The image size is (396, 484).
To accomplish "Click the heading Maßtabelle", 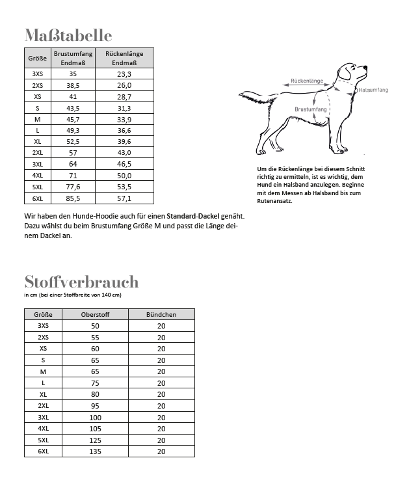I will point(68,35).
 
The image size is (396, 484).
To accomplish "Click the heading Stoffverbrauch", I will point(81,282).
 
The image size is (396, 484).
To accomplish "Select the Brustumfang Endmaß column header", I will point(73,57).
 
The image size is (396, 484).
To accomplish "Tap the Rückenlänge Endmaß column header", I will point(124,57).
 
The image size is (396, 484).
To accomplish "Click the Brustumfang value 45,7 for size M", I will point(73,119).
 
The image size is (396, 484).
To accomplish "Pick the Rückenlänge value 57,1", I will point(124,198).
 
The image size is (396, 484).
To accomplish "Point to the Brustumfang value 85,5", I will point(73,198).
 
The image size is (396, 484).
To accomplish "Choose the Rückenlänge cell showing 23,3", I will point(124,74).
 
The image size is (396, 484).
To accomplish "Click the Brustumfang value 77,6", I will point(73,187).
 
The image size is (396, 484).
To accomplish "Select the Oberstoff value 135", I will point(96,451).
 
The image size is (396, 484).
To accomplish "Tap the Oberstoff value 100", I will point(96,417).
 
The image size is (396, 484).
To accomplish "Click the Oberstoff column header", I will point(96,314).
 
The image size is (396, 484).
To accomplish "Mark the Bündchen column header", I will point(161,314).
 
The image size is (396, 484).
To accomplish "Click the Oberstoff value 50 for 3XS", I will point(96,326).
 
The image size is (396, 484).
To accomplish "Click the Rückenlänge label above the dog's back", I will point(307,81).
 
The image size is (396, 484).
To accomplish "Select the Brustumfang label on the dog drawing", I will point(310,109).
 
